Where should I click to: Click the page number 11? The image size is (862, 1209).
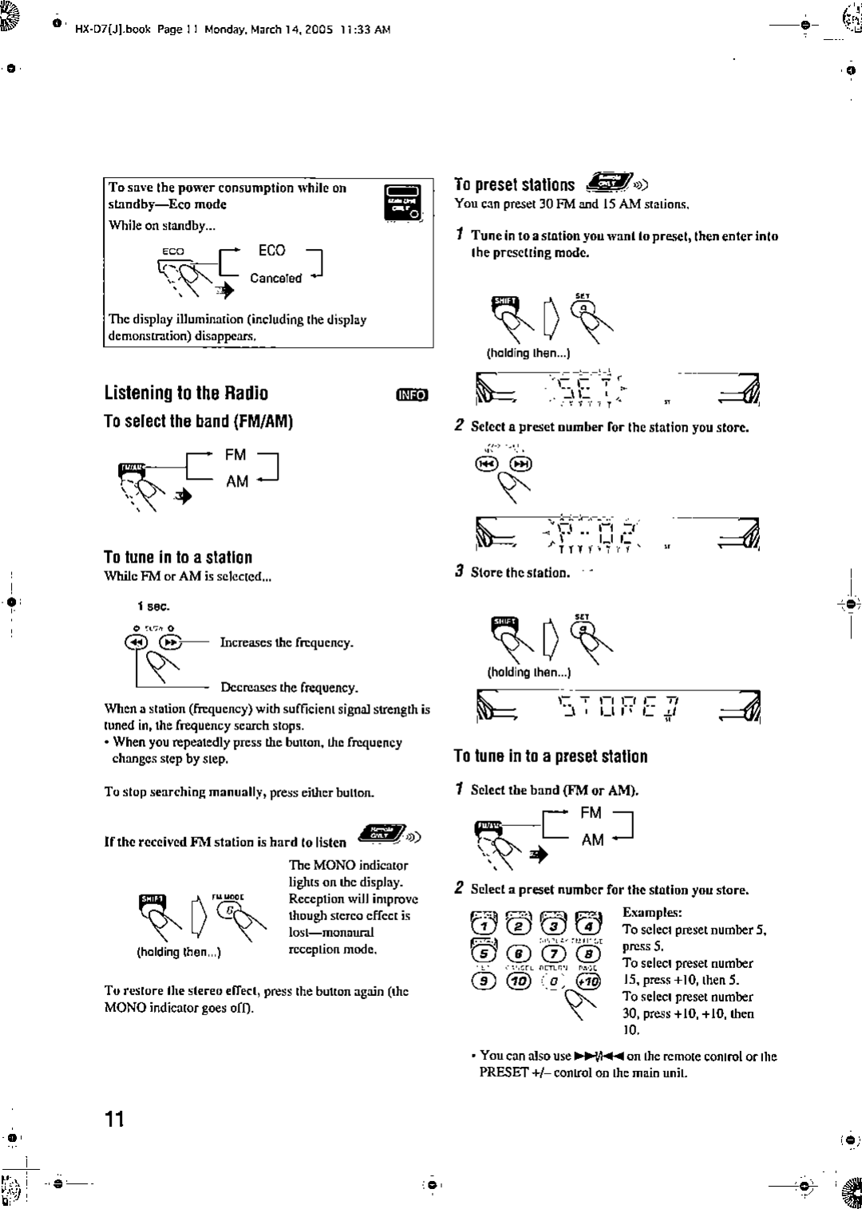pyautogui.click(x=115, y=1119)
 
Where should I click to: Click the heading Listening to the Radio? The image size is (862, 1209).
pyautogui.click(x=186, y=393)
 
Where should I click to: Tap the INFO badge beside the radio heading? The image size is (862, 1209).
pyautogui.click(x=412, y=394)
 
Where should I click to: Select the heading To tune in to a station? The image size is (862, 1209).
pyautogui.click(x=178, y=557)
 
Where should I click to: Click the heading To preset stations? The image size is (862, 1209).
pyautogui.click(x=515, y=185)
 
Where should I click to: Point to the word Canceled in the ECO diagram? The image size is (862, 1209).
pyautogui.click(x=275, y=279)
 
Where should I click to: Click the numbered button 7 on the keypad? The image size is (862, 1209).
pyautogui.click(x=554, y=954)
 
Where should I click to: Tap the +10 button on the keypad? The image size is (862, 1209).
pyautogui.click(x=588, y=982)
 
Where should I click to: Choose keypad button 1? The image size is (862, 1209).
pyautogui.click(x=484, y=926)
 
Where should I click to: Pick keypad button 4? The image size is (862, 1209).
pyautogui.click(x=588, y=926)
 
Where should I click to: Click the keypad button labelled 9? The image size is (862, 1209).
pyautogui.click(x=484, y=982)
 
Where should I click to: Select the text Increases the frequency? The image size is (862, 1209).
pyautogui.click(x=287, y=642)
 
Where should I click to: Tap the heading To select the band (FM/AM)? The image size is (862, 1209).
pyautogui.click(x=199, y=421)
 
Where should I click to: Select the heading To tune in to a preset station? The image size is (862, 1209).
pyautogui.click(x=551, y=756)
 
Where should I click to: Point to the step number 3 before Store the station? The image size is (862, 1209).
pyautogui.click(x=460, y=571)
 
